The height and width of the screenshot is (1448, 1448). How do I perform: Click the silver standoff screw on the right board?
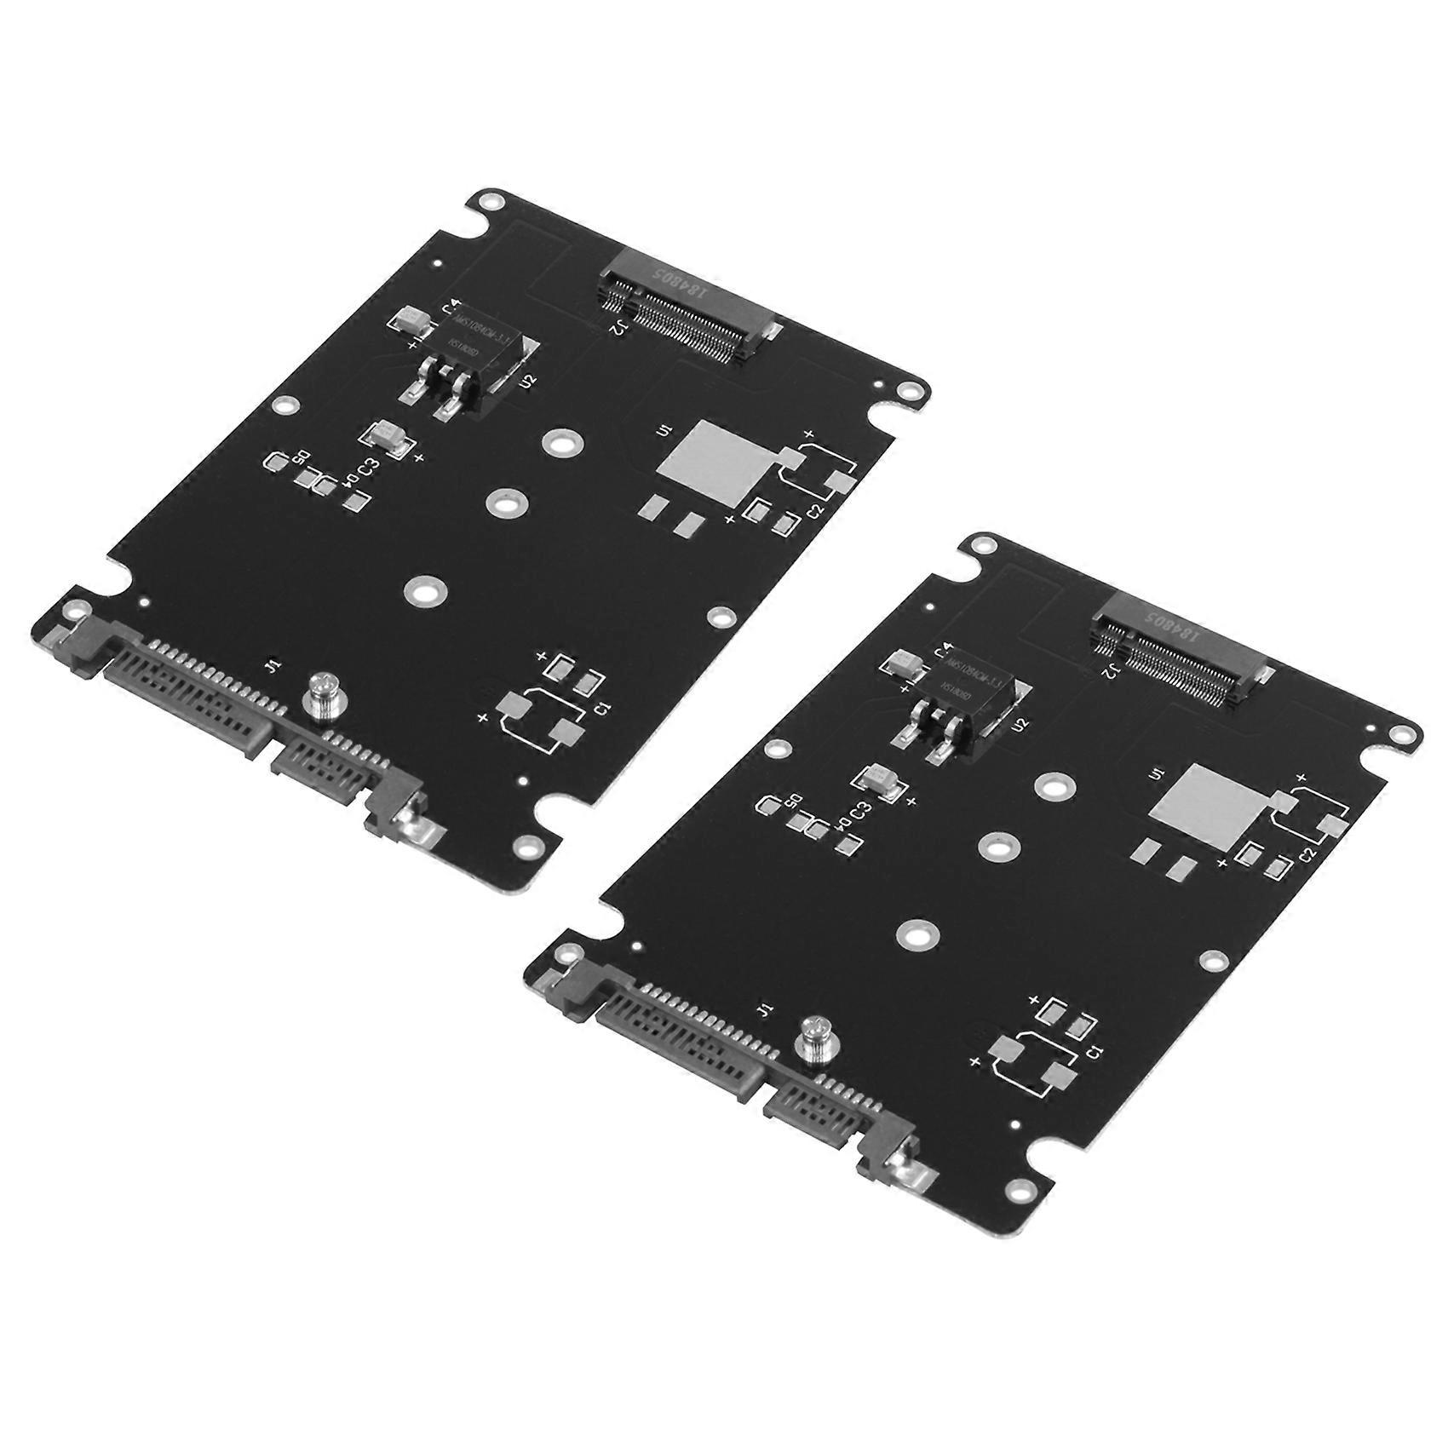(x=813, y=1041)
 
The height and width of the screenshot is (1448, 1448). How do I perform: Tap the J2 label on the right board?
(x=1110, y=672)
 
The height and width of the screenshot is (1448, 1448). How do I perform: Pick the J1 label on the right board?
(x=764, y=1010)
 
